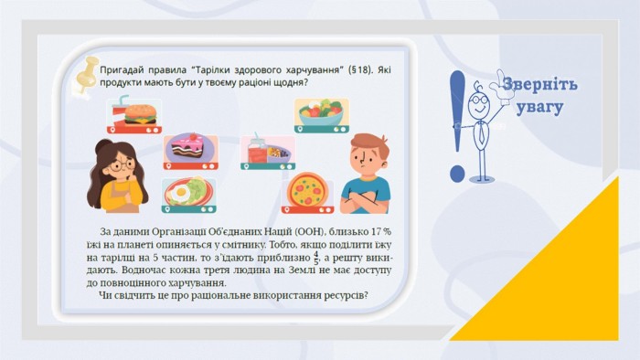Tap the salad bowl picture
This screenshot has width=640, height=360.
[322, 115]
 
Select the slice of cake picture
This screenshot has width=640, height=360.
[190, 151]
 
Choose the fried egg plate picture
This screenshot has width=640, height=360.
[189, 196]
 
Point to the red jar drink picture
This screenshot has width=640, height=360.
[267, 152]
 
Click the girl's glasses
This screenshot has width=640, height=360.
[122, 165]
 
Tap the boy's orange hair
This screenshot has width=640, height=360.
[369, 144]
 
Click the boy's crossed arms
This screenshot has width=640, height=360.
[364, 201]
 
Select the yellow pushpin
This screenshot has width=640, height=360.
[87, 76]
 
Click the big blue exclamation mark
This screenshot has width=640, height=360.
[457, 126]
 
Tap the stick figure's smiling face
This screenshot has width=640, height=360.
[478, 105]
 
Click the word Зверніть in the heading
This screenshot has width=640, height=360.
[540, 85]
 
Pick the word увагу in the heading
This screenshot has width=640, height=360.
[540, 107]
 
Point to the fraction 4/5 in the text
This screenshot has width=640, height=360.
[316, 258]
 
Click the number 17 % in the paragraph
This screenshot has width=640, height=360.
[381, 231]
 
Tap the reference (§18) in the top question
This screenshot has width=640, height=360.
[360, 69]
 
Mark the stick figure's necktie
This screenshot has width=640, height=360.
[482, 132]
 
